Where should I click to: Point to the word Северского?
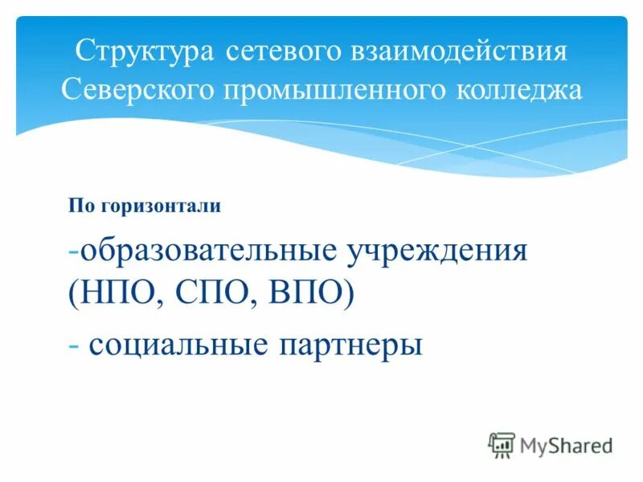(x=139, y=89)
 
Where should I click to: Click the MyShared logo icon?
(x=502, y=445)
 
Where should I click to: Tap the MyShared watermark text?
(x=566, y=445)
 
